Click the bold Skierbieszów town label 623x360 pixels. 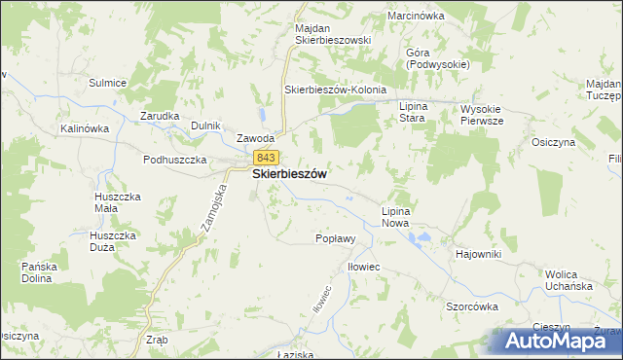pyautogui.click(x=289, y=174)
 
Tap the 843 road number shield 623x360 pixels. pyautogui.click(x=265, y=157)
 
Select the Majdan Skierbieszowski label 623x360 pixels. pyautogui.click(x=333, y=34)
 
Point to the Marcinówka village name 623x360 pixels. pyautogui.click(x=415, y=17)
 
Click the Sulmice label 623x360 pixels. pyautogui.click(x=108, y=84)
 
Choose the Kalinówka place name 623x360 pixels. pyautogui.click(x=83, y=128)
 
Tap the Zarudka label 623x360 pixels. pyautogui.click(x=160, y=116)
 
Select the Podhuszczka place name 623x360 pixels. pyautogui.click(x=175, y=160)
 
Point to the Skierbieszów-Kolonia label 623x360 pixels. pyautogui.click(x=335, y=90)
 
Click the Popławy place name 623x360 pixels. pyautogui.click(x=336, y=238)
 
